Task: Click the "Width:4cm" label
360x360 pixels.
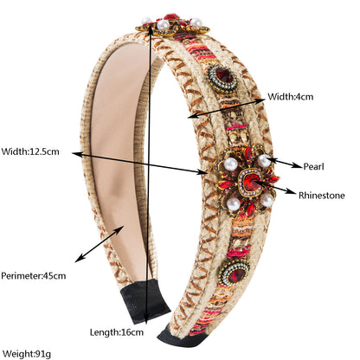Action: (290, 96)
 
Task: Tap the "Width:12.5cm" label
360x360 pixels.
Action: (30, 151)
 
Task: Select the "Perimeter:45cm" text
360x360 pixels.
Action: (34, 276)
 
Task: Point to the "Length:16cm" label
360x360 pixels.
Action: (117, 332)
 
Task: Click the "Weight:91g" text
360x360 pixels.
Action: (27, 353)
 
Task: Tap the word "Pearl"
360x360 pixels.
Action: (313, 166)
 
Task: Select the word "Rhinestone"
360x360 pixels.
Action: (322, 196)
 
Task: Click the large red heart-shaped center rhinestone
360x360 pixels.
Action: (250, 181)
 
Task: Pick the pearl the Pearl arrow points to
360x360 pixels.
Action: (264, 161)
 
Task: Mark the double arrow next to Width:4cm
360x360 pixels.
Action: (227, 108)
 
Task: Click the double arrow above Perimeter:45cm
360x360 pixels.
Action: (100, 244)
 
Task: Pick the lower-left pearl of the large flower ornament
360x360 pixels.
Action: (233, 204)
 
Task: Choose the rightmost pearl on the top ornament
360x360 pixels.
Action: (196, 22)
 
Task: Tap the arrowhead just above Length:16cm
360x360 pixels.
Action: (147, 319)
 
